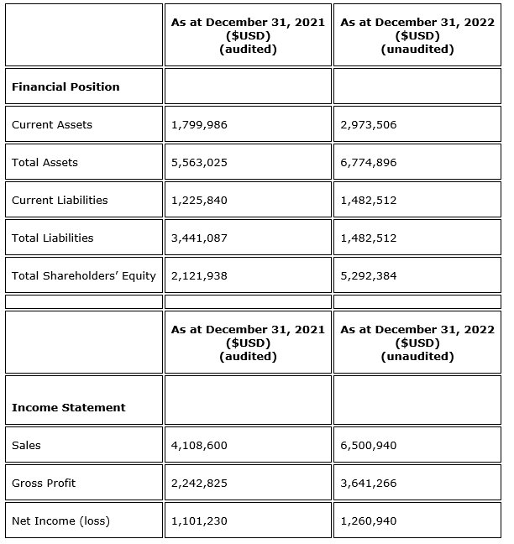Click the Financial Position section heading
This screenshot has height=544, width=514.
(66, 87)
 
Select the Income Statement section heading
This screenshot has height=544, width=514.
(68, 408)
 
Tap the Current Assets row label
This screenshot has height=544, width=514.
(52, 125)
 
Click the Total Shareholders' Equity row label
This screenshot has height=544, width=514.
(84, 276)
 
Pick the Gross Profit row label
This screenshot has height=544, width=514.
(44, 484)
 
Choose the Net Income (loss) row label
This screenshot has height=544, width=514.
(60, 521)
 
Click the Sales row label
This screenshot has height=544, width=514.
(26, 446)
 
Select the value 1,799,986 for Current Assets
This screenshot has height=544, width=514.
(199, 125)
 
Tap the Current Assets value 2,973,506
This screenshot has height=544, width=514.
(369, 125)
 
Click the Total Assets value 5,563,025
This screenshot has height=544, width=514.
(199, 163)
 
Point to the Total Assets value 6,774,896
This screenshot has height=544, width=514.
(369, 163)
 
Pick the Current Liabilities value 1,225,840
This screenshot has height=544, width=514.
(199, 201)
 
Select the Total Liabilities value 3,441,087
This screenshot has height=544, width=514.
(199, 238)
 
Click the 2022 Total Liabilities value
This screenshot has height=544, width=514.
(369, 238)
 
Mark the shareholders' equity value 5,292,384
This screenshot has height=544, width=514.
(369, 276)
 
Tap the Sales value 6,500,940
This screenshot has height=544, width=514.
(369, 446)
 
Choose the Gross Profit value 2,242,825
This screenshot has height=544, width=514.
(199, 484)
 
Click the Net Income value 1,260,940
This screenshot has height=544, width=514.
(369, 521)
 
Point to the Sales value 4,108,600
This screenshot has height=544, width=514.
(199, 446)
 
